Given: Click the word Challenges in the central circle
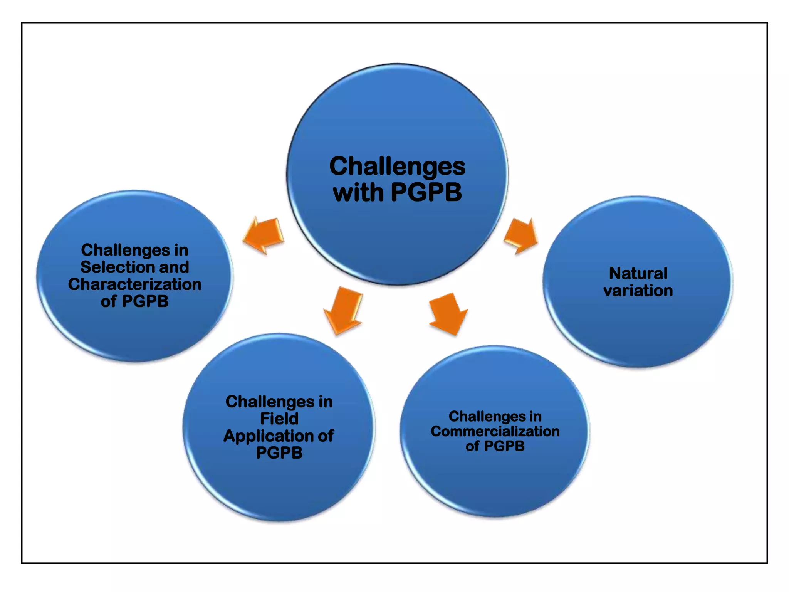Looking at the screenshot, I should coord(397,166).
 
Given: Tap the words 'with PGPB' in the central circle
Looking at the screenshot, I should coord(397,192).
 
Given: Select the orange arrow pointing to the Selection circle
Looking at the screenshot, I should coord(264,234).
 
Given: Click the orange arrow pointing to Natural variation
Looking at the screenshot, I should coord(521,235).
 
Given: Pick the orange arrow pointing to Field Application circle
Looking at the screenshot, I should coord(343,310).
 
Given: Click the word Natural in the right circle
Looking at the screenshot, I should coord(638,273).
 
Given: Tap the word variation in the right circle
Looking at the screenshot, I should coord(638,291).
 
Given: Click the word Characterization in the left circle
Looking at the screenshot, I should coord(134,284).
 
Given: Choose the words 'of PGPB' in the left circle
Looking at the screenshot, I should coord(134,301).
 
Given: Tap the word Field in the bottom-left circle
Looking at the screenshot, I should coord(279,419).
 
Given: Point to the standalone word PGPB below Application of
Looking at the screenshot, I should coord(279,453).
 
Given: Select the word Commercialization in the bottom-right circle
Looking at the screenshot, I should coord(495,431).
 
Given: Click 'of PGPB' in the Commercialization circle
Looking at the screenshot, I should coord(495,446).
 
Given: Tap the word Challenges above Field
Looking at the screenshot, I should coord(270,402).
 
